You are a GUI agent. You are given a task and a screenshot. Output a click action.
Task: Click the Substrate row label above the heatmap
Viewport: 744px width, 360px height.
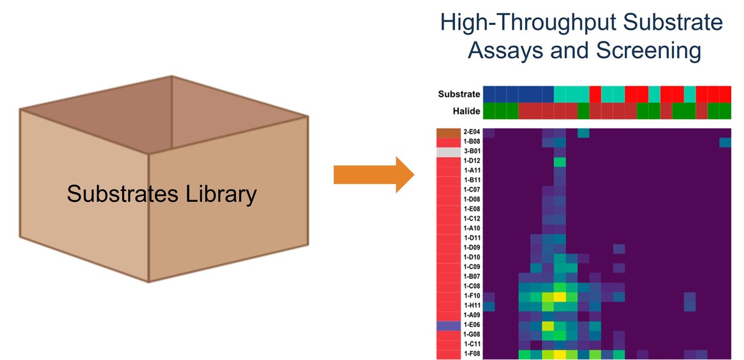pos(459,94)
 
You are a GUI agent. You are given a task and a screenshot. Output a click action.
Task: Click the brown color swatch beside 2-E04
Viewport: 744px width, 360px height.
pos(446,132)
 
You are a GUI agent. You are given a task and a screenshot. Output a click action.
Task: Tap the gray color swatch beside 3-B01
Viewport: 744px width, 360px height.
pos(446,151)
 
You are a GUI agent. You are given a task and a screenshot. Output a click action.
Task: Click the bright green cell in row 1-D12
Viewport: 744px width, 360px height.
pos(560,162)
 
